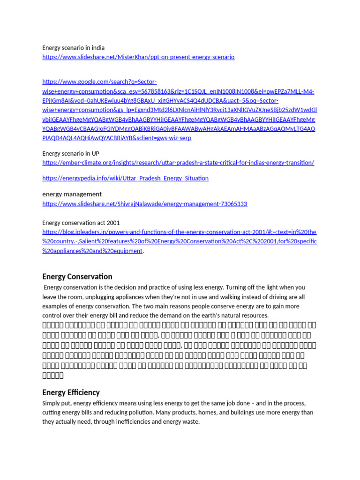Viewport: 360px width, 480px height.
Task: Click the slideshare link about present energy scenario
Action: (x=138, y=57)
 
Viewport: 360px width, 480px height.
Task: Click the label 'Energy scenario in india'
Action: (x=73, y=48)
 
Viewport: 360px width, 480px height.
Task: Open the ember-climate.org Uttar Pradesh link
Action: (x=178, y=163)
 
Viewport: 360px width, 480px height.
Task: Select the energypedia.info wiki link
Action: (x=125, y=178)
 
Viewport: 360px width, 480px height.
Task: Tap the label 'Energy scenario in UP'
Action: (x=70, y=153)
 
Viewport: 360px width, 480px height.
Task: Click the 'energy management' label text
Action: (x=72, y=194)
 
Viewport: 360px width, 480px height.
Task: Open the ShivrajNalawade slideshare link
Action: (x=144, y=204)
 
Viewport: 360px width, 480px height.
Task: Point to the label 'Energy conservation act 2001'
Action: (x=77, y=223)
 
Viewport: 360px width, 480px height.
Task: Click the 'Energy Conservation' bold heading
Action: (x=77, y=277)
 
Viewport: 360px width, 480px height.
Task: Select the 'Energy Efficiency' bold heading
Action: (x=71, y=392)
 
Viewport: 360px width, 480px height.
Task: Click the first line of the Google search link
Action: (x=99, y=81)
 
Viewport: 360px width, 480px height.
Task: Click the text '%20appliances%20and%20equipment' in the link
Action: (x=92, y=251)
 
